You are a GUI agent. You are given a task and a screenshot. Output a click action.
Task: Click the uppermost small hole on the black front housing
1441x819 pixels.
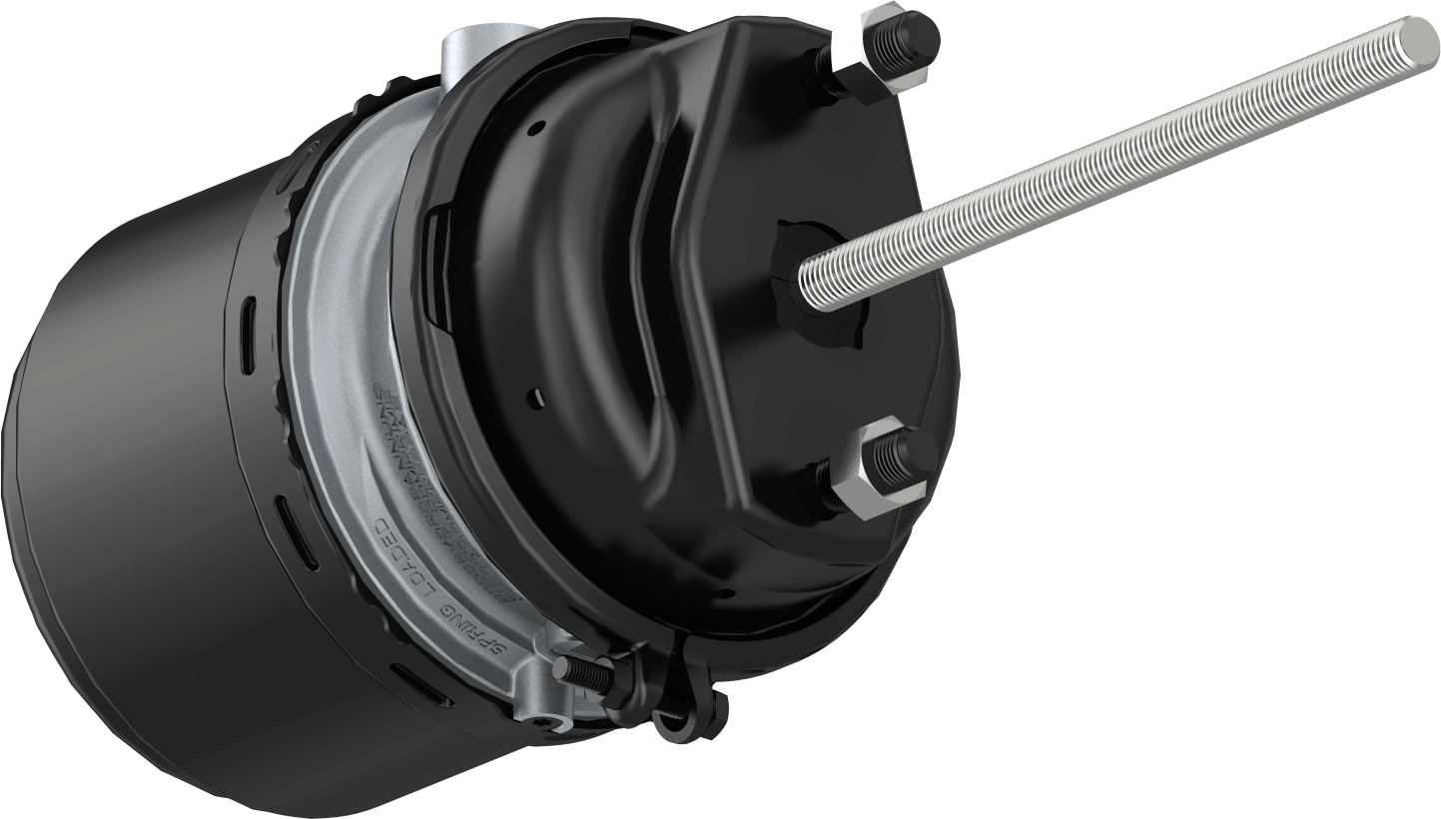(539, 128)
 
